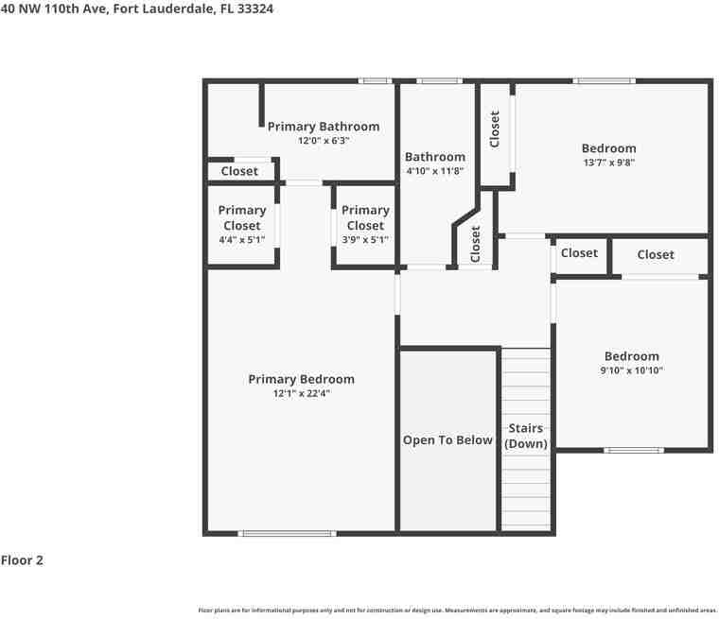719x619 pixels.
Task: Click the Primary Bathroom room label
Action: coord(323,126)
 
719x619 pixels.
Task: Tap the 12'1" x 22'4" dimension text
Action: coord(301,393)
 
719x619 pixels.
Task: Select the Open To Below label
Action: coord(447,439)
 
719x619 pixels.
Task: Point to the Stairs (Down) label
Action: coord(525,436)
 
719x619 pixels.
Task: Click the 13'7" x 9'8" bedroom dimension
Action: coord(608,163)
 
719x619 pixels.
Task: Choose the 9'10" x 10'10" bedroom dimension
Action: coord(632,370)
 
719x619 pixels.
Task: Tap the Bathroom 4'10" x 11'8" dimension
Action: coord(434,171)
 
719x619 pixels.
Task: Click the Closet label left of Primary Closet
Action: coord(239,171)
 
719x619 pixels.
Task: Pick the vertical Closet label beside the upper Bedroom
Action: coord(494,129)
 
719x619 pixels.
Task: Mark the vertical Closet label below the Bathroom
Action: coord(475,244)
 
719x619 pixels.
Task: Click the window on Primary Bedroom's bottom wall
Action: coord(287,533)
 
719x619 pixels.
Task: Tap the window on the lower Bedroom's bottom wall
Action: coord(633,450)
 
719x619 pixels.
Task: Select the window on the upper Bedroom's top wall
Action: coord(605,81)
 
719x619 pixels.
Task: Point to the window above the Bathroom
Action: coord(439,81)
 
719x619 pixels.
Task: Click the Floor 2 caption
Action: coord(22,560)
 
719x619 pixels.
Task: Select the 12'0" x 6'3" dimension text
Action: coord(323,141)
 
